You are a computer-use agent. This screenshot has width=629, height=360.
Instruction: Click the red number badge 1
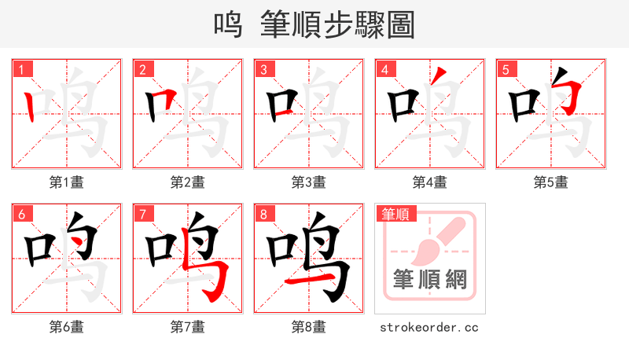pos(21,69)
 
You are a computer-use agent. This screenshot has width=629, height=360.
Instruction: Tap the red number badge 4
pos(384,69)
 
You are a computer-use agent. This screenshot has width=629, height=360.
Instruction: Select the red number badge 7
pos(142,214)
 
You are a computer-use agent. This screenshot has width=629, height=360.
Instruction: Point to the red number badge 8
pos(263,214)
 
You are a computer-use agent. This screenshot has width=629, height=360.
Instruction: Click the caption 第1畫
pos(67,182)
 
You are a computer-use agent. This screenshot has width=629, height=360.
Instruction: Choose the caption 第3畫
pos(309,182)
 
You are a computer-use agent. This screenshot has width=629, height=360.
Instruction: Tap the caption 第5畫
pos(551,182)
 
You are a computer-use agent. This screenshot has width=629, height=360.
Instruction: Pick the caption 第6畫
pos(67,327)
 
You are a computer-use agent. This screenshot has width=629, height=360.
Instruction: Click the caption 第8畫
pos(309,327)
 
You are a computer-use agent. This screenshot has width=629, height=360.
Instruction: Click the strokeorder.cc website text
pos(429,327)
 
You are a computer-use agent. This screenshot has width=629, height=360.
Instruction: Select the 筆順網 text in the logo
pos(429,279)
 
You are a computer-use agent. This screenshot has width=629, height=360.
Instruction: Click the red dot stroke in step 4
pos(441,76)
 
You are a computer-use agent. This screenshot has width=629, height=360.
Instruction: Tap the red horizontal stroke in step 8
pos(303,280)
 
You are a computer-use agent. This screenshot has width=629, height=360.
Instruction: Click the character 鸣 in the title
pos(229,24)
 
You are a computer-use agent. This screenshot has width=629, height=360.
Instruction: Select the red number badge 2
pos(142,69)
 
